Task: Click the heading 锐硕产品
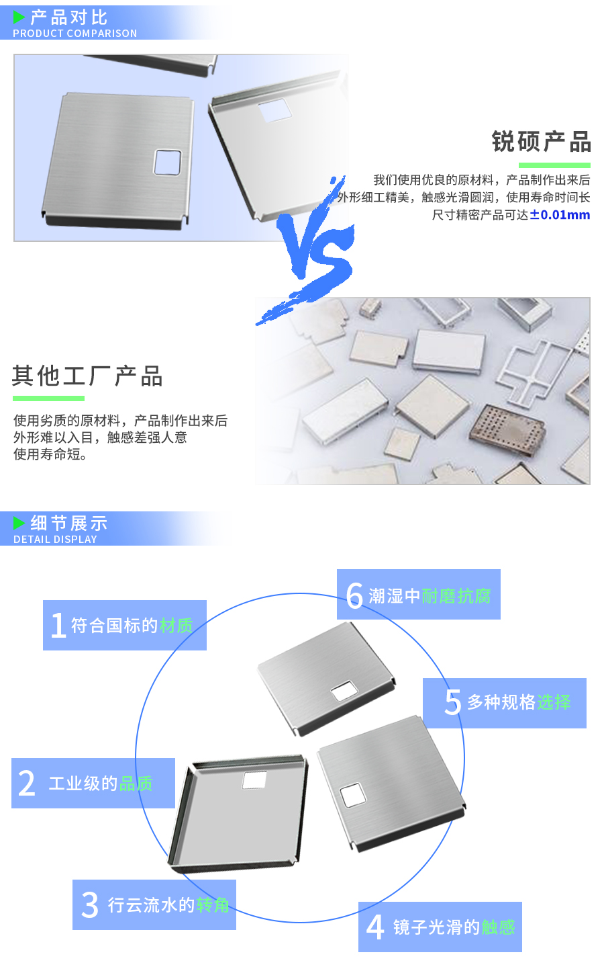click(x=541, y=142)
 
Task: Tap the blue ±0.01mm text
click(x=560, y=215)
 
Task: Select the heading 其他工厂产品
click(x=87, y=376)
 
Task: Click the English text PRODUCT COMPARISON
click(x=74, y=34)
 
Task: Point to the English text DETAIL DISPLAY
click(x=55, y=540)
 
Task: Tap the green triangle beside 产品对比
click(x=19, y=17)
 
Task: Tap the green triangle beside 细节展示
click(x=19, y=523)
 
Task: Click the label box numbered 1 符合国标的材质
click(x=125, y=625)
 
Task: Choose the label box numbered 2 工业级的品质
click(x=93, y=783)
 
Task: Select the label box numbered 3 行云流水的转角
click(x=154, y=904)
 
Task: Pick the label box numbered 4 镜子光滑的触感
click(x=440, y=927)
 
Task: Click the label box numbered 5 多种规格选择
click(x=505, y=702)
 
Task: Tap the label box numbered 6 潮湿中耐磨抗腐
click(x=419, y=595)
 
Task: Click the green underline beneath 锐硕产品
click(x=554, y=165)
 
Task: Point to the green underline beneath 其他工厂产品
click(x=48, y=398)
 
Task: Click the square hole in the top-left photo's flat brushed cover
click(x=167, y=162)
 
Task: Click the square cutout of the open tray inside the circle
click(x=254, y=780)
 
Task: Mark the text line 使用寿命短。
click(x=50, y=454)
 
